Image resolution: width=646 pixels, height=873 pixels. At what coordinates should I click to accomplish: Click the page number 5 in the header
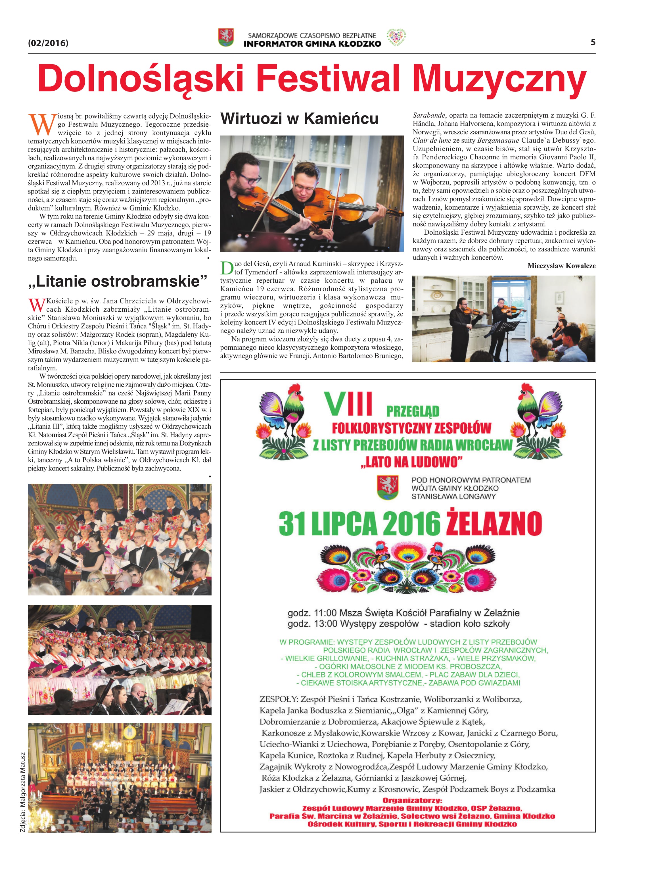pos(593,42)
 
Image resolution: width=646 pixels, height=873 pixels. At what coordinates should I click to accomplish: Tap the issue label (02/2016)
pos(48,43)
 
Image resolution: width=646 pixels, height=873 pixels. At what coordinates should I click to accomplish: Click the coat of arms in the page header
pos(226,37)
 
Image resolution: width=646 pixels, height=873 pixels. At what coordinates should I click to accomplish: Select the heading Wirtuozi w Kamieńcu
pos(299,118)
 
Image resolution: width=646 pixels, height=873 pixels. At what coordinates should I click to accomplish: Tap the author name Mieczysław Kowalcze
pos(561,266)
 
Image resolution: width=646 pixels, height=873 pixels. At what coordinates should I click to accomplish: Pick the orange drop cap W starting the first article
pos(41,124)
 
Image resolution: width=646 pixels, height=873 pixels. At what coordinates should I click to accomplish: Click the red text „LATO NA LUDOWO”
pos(411,462)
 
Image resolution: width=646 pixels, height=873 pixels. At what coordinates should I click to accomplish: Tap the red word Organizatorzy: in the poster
pos(412,800)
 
